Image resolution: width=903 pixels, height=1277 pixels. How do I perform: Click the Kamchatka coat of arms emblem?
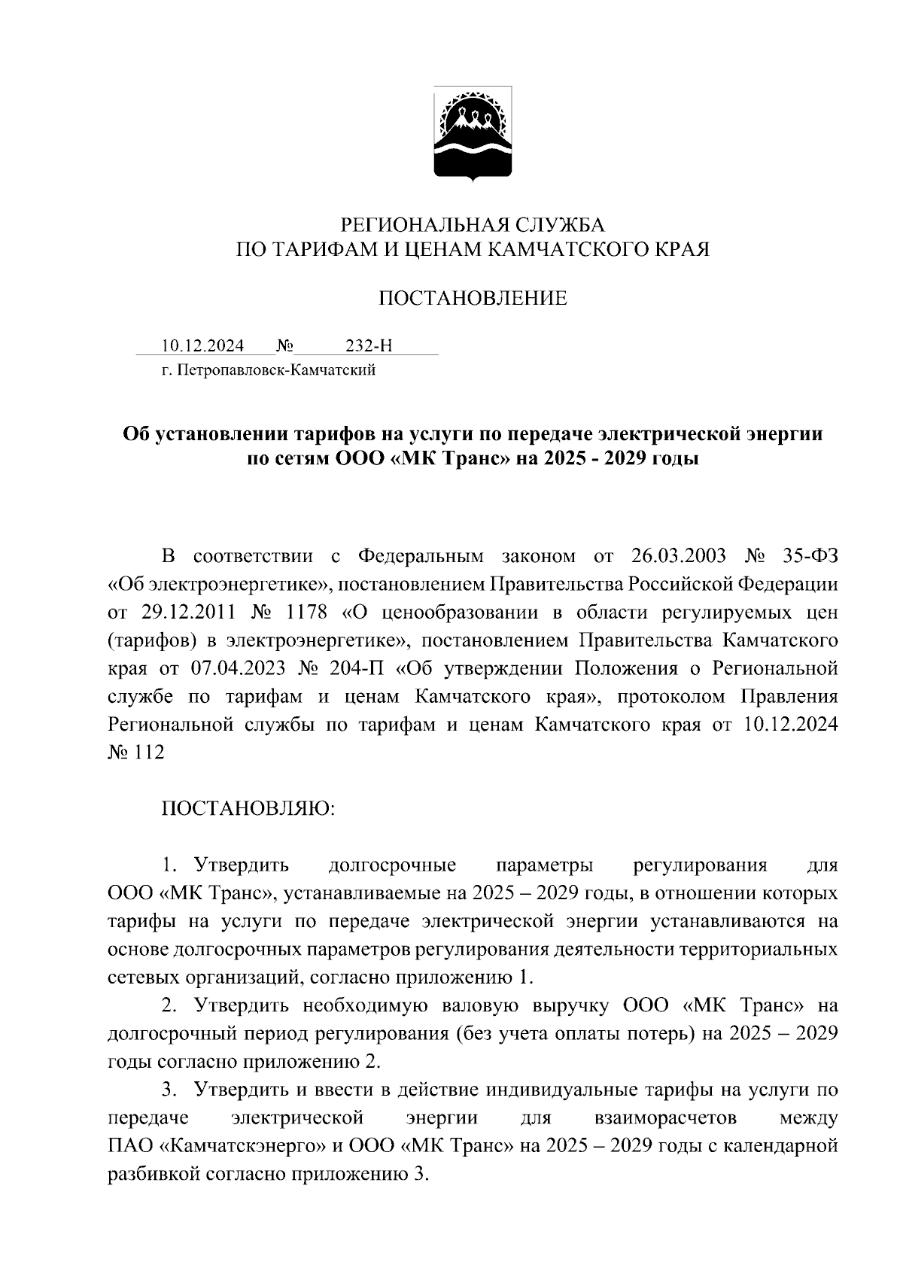coord(473,133)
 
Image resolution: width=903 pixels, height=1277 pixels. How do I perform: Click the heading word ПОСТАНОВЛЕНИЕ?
coord(472,299)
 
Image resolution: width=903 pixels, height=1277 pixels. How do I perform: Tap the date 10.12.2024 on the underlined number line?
coord(202,346)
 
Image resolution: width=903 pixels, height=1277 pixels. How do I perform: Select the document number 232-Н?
coord(368,346)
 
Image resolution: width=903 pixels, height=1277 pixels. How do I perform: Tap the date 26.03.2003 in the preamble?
coord(674,556)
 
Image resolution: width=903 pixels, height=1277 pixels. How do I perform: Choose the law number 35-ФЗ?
coord(808,556)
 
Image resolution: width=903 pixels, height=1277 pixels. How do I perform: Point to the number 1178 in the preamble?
coord(306,613)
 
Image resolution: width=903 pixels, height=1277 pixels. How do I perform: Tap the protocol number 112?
coord(149,753)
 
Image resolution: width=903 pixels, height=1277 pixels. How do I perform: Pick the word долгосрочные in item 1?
coord(392,865)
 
